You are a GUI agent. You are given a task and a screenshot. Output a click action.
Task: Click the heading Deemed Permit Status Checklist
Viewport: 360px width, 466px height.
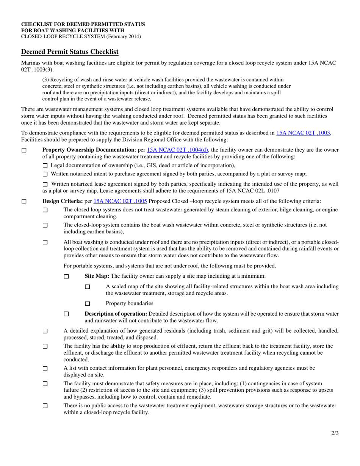(70, 52)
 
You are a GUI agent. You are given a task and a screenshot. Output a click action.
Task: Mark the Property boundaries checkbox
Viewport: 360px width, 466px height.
(88, 303)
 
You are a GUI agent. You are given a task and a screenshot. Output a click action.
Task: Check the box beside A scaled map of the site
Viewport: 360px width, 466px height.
(88, 287)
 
